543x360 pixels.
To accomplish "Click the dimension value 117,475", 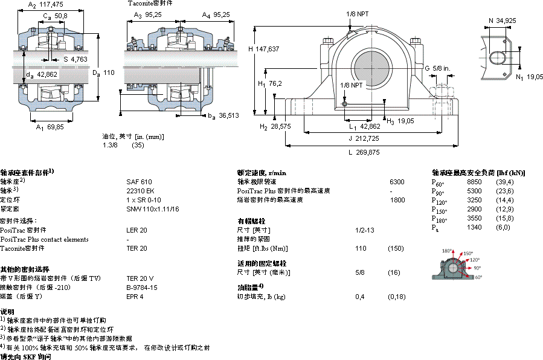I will click(54, 5).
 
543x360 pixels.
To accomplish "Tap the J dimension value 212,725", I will click(368, 138).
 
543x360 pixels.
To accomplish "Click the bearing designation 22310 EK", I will click(140, 190).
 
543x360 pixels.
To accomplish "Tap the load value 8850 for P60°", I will click(474, 182).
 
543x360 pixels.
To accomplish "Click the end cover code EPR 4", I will click(135, 297).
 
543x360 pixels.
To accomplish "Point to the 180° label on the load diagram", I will click(447, 251).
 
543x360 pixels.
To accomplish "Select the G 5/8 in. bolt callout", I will click(436, 68).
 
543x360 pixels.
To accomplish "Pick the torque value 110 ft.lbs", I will click(361, 248).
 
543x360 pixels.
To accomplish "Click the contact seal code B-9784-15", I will click(141, 288).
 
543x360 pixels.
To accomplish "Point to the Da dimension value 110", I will click(109, 72).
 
